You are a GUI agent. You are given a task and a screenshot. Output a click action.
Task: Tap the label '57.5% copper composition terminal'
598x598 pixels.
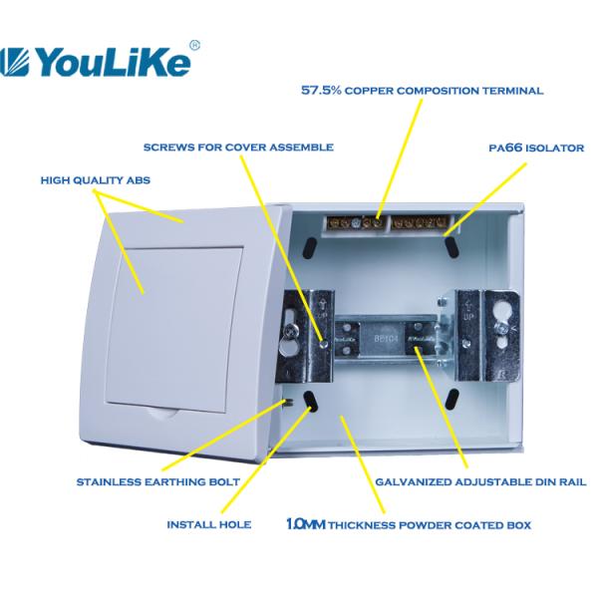[x=422, y=91]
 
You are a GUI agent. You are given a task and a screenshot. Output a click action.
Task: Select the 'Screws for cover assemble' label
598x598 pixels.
[x=238, y=148]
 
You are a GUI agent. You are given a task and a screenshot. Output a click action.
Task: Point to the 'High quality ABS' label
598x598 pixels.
[x=96, y=181]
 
